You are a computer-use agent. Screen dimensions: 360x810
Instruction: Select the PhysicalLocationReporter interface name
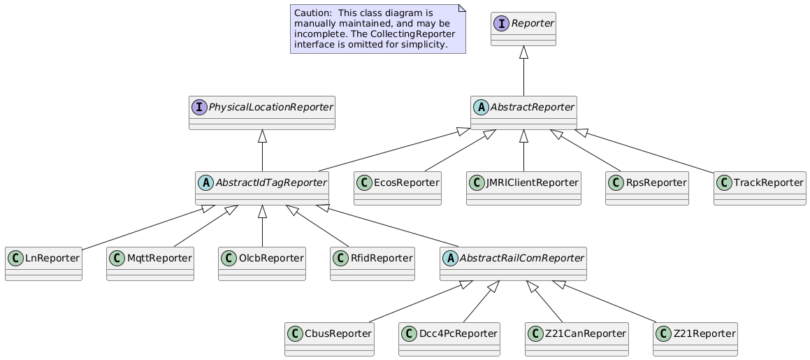[270, 107]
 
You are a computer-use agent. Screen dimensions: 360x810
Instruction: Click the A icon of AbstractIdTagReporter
[205, 182]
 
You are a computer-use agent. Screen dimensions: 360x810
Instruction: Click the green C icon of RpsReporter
[616, 182]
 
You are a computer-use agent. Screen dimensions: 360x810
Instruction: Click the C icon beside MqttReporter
[117, 258]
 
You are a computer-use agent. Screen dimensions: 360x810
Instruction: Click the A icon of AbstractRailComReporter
[451, 258]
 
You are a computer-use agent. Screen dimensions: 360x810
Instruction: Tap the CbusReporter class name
[338, 333]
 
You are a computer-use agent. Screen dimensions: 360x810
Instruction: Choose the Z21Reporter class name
[704, 333]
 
